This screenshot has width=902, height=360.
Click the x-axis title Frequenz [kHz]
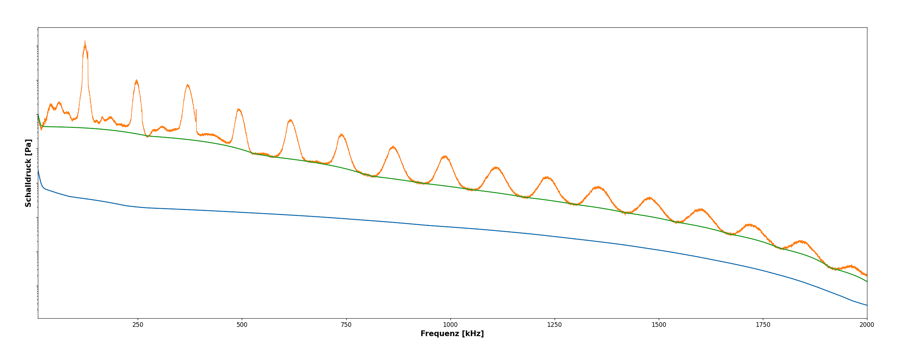pos(452,334)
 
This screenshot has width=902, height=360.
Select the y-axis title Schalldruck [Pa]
pos(28,173)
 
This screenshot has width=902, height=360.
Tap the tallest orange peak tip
pos(85,41)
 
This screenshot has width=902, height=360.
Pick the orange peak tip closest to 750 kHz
pos(341,134)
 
